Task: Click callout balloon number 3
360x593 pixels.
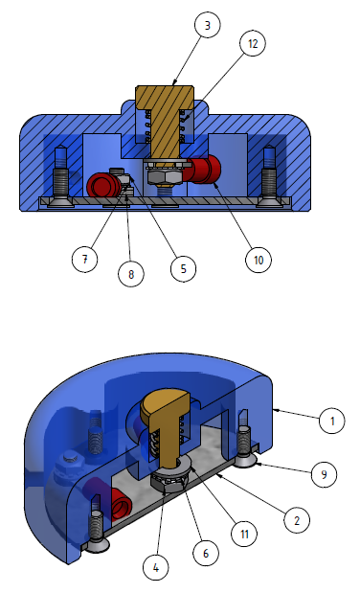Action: [x=207, y=25]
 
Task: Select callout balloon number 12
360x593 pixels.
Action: [x=253, y=43]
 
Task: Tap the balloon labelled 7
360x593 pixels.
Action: [x=84, y=259]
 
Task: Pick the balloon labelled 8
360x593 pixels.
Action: [x=131, y=273]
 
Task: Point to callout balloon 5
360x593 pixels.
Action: [x=184, y=268]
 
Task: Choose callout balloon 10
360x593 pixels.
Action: [x=259, y=260]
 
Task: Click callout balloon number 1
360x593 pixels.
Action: [x=332, y=421]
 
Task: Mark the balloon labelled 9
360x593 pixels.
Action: [x=324, y=474]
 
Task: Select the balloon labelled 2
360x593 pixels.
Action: [x=297, y=520]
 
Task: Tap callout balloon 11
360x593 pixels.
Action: [x=244, y=534]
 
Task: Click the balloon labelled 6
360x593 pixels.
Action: [x=206, y=554]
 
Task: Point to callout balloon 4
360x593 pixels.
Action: [x=156, y=567]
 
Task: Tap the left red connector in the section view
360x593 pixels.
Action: [x=104, y=185]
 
